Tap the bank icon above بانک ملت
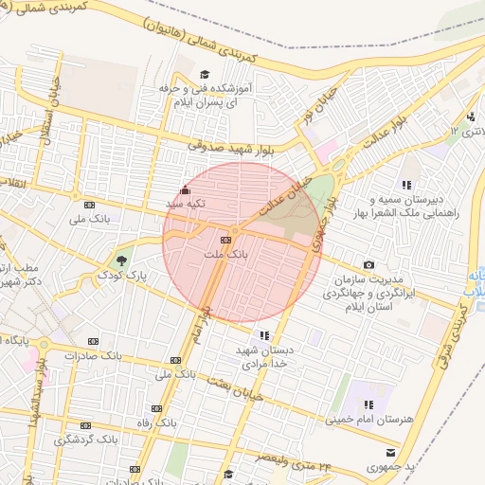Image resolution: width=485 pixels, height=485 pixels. [x=236, y=239]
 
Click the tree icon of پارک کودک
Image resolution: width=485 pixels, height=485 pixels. [x=120, y=260]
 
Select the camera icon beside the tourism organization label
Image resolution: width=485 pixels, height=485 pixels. [x=368, y=265]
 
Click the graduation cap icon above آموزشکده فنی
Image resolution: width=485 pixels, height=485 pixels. [x=205, y=74]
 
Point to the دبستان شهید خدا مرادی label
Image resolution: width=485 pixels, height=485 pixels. [x=264, y=356]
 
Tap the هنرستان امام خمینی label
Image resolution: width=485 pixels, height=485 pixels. [x=366, y=418]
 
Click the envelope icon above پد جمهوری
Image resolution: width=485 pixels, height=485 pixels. [x=390, y=452]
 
